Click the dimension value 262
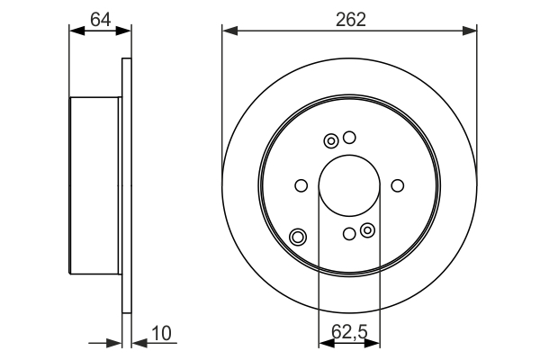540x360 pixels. point(352,18)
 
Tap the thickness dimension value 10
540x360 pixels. point(162,334)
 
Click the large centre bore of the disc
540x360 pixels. point(349,186)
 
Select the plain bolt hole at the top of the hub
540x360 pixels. point(350,138)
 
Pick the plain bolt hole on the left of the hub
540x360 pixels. point(301,186)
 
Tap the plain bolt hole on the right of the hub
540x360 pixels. point(398,186)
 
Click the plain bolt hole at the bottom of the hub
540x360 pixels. point(350,235)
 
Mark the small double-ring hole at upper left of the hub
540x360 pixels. point(331,140)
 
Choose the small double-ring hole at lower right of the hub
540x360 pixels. point(367,231)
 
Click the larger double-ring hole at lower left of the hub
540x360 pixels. point(298,238)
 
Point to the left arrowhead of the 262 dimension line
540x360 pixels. point(229,31)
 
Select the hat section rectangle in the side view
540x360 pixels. point(94,186)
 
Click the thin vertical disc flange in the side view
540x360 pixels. point(126,186)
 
